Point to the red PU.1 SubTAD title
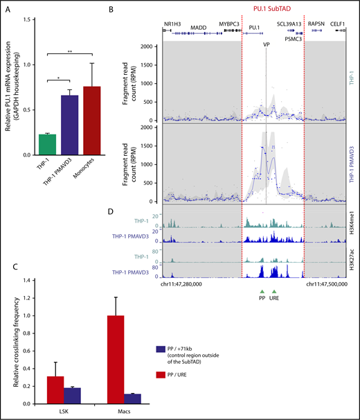[x=272, y=10]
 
